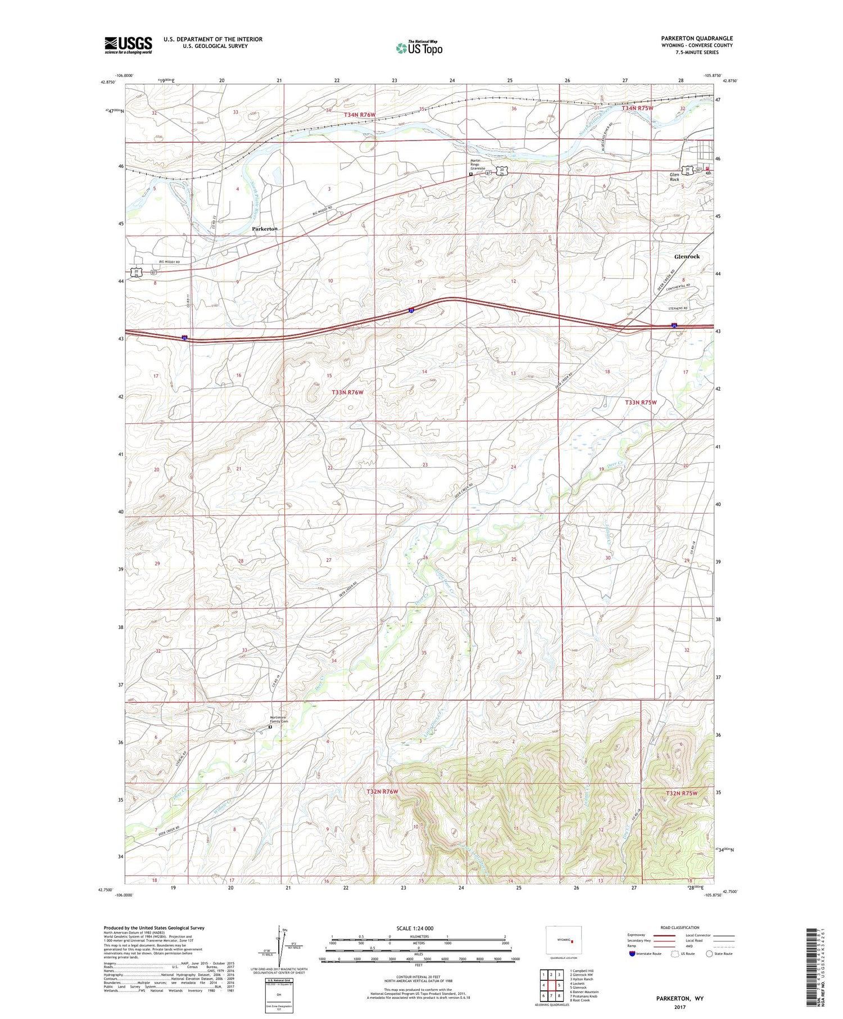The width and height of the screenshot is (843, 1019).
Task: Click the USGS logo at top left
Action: [x=128, y=45]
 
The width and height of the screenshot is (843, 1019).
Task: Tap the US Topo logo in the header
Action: [x=419, y=48]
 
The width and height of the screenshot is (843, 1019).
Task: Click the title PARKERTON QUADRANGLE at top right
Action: [x=696, y=39]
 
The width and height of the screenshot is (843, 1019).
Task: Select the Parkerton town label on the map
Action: [x=264, y=229]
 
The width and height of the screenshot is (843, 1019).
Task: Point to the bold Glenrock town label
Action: [x=687, y=256]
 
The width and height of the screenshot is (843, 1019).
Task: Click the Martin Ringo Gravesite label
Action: [x=477, y=164]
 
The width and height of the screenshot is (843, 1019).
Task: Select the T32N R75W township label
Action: [x=681, y=793]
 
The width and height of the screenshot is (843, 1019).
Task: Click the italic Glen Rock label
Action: [x=674, y=177]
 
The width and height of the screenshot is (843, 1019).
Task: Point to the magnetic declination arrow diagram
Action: [x=281, y=944]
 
